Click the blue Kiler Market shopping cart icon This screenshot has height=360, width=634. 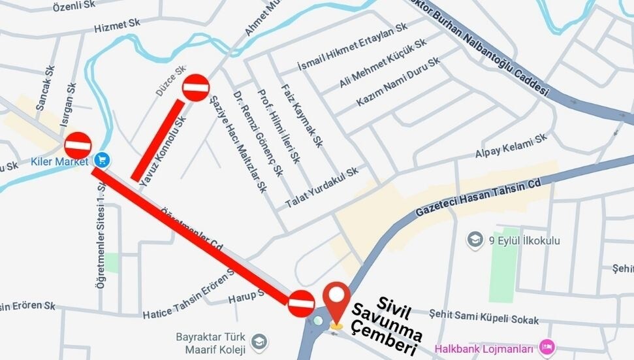pyautogui.click(x=101, y=159)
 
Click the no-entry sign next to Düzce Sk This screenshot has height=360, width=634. pyautogui.click(x=195, y=88)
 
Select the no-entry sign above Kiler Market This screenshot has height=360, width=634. pyautogui.click(x=78, y=145)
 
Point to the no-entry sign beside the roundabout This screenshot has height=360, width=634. pyautogui.click(x=301, y=304)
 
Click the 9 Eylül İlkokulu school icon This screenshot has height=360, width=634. pyautogui.click(x=475, y=240)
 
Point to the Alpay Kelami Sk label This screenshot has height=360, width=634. pyautogui.click(x=511, y=147)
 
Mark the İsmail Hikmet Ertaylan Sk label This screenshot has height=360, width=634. pyautogui.click(x=353, y=48)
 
